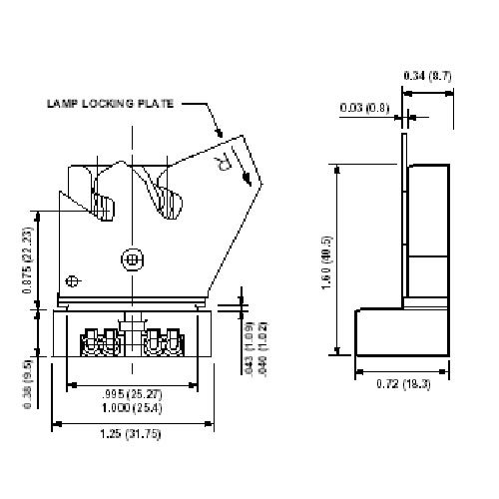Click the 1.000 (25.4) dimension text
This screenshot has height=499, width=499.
[x=132, y=407]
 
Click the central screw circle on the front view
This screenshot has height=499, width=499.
[x=132, y=258]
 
